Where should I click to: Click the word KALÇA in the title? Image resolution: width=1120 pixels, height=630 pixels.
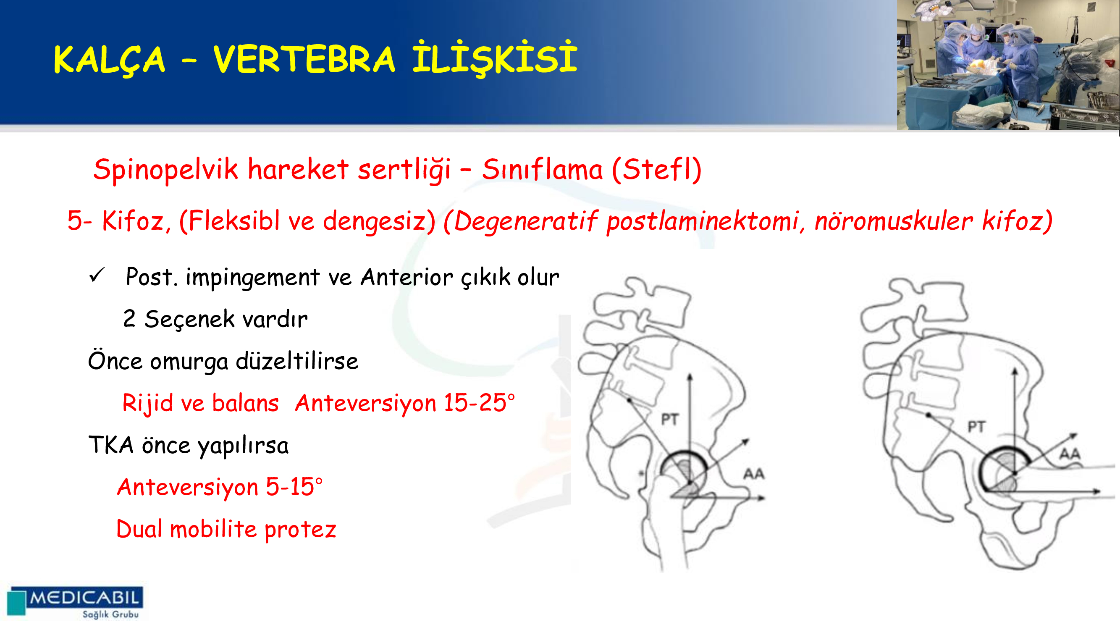click(110, 60)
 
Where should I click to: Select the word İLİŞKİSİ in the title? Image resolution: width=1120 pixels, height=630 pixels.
click(495, 58)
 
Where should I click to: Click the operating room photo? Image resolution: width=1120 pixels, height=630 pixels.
click(1008, 65)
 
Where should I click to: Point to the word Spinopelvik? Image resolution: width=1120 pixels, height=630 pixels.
click(165, 170)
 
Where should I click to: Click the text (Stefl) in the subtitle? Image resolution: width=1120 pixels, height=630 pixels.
click(656, 169)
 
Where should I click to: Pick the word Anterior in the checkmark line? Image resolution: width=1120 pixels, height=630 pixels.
click(407, 277)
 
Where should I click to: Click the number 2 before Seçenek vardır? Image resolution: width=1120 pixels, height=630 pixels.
click(129, 318)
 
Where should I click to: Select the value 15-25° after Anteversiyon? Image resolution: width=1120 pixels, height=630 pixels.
click(479, 402)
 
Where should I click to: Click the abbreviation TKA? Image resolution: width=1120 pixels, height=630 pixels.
click(111, 444)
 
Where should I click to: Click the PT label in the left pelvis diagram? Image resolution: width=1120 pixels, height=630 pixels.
click(669, 420)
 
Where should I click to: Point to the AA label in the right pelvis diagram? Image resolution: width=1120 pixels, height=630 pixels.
click(1070, 454)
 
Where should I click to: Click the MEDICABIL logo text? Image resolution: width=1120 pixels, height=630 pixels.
click(84, 597)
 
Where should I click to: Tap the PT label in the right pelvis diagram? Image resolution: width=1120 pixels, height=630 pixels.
click(976, 427)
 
